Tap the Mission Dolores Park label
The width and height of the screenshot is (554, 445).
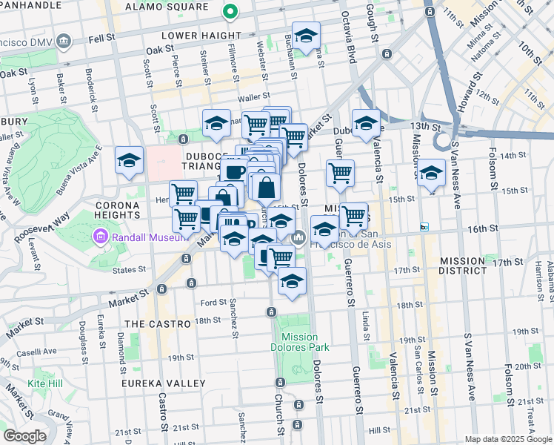300,342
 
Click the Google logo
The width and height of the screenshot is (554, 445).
24,437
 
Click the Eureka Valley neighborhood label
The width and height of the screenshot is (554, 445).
164,383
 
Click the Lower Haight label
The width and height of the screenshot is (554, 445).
202,35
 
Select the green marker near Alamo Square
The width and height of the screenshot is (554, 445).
230,13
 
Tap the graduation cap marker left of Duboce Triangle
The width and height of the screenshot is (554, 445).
129,161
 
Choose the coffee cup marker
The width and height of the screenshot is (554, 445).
234,170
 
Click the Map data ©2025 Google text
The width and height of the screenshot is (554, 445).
507,439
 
